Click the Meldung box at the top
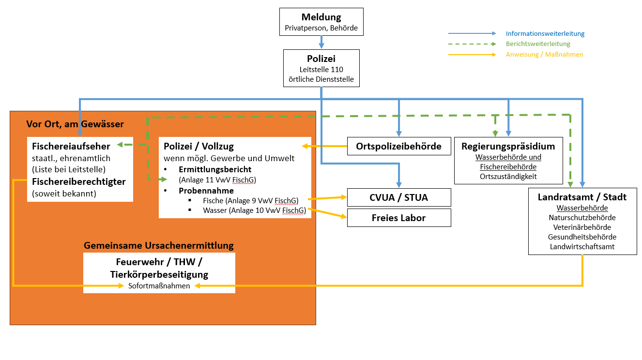[x=321, y=22]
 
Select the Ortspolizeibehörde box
[x=399, y=146]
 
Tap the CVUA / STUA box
[x=399, y=197]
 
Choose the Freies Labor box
[x=399, y=218]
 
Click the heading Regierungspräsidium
[x=508, y=146]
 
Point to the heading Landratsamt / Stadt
[x=582, y=197]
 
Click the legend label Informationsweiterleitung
[x=545, y=33]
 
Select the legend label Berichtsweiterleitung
[x=538, y=44]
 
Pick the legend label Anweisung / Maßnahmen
[x=545, y=54]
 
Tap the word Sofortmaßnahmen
[x=159, y=286]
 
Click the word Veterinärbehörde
[x=582, y=227]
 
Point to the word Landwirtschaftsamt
[x=582, y=247]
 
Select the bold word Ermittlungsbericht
[x=215, y=169]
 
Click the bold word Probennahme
[x=206, y=191]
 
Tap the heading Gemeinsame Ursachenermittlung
[x=159, y=245]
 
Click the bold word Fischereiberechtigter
[x=79, y=181]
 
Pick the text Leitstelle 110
[x=321, y=70]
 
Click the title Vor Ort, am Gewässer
[x=75, y=124]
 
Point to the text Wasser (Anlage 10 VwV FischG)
[x=255, y=210]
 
